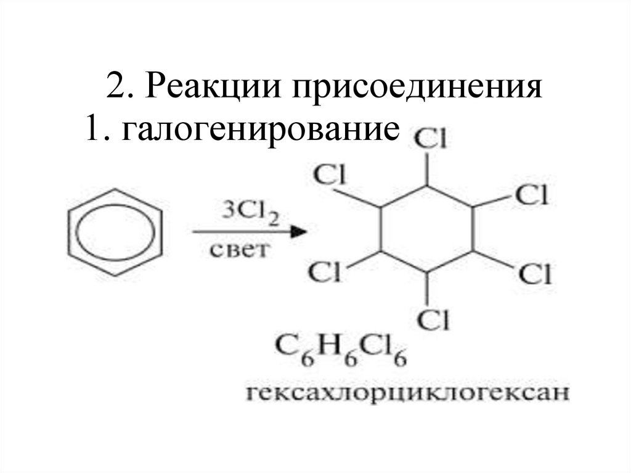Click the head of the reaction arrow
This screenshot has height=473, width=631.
point(298,232)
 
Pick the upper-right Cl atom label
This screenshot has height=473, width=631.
point(532,195)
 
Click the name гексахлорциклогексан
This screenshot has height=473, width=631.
point(405,392)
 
